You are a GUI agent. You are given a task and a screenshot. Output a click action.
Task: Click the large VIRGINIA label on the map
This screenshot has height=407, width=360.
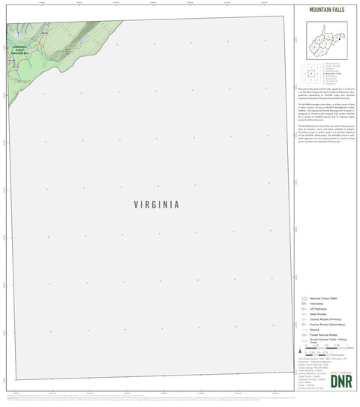(157, 203)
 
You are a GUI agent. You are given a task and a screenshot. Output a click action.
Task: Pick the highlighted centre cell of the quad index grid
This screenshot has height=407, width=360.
(310, 73)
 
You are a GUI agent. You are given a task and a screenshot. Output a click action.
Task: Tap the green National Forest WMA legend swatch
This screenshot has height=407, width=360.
(304, 298)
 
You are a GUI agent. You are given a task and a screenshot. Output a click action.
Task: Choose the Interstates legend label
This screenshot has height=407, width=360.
(320, 304)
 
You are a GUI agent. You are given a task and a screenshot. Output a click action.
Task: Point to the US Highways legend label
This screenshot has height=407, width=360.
(321, 310)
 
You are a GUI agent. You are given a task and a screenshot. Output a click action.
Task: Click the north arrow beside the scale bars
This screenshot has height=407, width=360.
(300, 351)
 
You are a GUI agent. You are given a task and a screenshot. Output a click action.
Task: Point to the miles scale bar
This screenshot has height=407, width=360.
(325, 349)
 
